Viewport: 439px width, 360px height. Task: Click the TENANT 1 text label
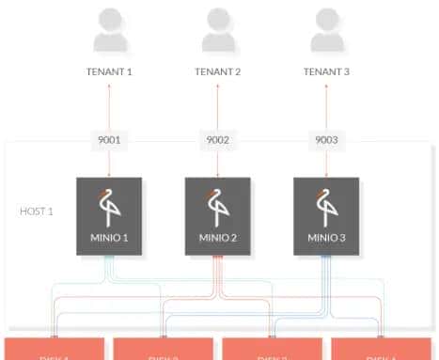click(x=110, y=71)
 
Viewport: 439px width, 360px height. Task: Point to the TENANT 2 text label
click(x=218, y=71)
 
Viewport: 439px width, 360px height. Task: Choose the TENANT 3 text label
click(x=326, y=71)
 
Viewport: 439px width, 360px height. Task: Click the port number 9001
click(x=110, y=140)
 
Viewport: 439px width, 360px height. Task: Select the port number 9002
click(x=218, y=140)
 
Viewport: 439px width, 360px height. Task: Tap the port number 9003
click(x=326, y=140)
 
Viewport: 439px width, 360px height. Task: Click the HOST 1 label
click(x=37, y=211)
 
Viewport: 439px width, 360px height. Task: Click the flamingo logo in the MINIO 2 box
click(x=217, y=206)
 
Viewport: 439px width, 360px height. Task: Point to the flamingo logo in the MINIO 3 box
click(x=325, y=206)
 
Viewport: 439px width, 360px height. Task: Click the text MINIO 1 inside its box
click(x=109, y=238)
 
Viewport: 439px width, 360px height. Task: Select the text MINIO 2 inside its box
click(x=218, y=238)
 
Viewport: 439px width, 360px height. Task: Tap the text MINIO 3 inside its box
click(x=326, y=238)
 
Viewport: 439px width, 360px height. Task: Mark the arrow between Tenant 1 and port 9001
click(x=110, y=105)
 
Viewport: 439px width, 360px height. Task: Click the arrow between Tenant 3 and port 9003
click(x=326, y=105)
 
